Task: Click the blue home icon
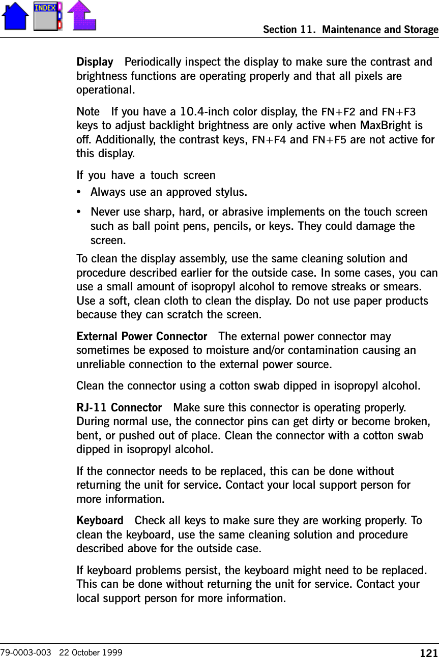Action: [15, 16]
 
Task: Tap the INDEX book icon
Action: [47, 16]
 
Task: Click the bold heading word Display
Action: [95, 63]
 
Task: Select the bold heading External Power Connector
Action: [141, 337]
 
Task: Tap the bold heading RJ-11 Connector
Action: [119, 408]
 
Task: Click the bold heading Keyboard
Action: [100, 521]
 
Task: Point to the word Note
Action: [87, 111]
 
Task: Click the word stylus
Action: [229, 193]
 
